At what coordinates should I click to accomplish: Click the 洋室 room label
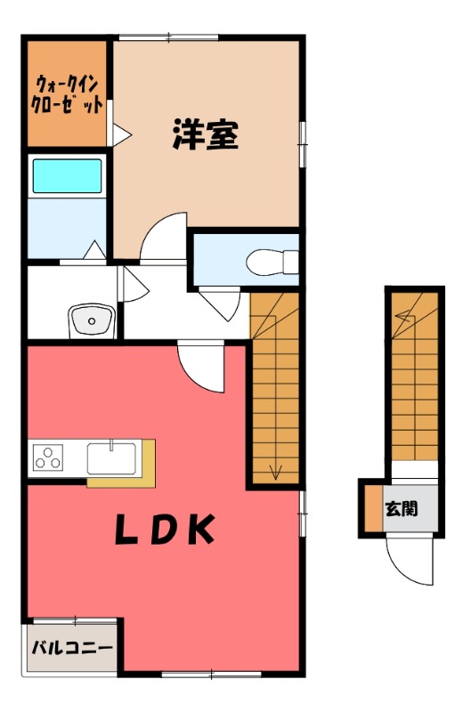click(x=206, y=135)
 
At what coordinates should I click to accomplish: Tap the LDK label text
click(x=165, y=529)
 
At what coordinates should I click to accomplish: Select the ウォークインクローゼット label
click(x=67, y=94)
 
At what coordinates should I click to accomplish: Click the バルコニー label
click(x=72, y=648)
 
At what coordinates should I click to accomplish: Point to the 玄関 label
click(x=402, y=508)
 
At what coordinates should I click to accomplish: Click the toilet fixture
click(x=272, y=262)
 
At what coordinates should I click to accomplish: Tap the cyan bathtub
click(x=68, y=176)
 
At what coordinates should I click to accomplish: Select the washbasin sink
click(x=92, y=320)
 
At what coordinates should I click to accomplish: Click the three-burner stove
click(x=48, y=457)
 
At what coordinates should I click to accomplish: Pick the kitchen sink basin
click(x=111, y=458)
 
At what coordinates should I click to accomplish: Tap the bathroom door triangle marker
click(x=94, y=250)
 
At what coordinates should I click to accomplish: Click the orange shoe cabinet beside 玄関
click(x=373, y=508)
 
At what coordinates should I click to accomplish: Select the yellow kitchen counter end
click(x=149, y=463)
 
